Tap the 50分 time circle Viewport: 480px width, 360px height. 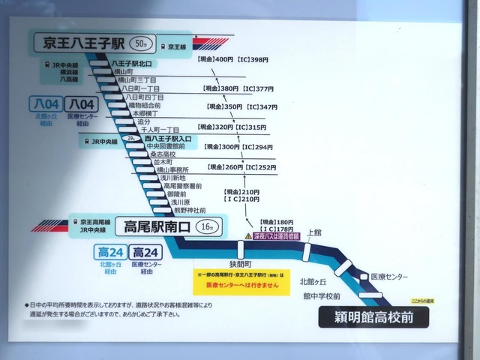coord(140,43)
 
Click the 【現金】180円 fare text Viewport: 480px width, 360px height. coord(277,222)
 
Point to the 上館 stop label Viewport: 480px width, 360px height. coord(313,233)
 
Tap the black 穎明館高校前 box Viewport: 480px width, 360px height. coord(375,317)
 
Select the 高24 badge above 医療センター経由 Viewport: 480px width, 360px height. coord(146,253)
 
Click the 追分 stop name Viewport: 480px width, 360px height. coord(144,121)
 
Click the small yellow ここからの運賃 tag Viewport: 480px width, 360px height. coord(422,300)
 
